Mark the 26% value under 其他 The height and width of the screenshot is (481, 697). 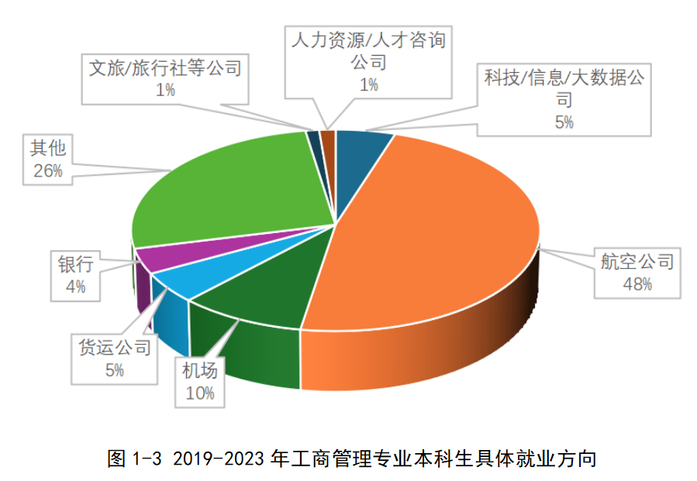[x=47, y=171]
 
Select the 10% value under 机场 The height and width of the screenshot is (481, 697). [x=199, y=393]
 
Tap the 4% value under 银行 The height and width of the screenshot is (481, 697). [x=75, y=287]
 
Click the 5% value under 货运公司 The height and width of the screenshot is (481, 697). [x=114, y=369]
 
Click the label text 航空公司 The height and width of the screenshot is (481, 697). [x=637, y=262]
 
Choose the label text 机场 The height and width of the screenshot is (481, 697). [x=199, y=370]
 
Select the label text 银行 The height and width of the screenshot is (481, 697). [x=75, y=265]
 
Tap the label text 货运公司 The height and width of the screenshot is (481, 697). [x=114, y=347]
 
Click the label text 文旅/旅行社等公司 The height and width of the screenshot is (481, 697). [x=165, y=67]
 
